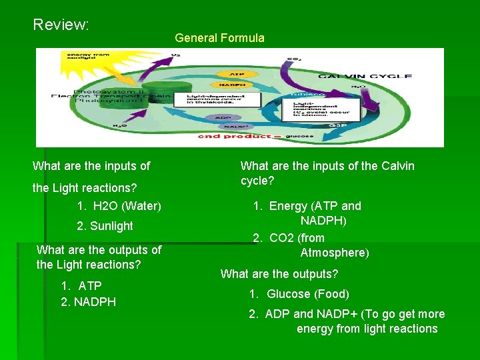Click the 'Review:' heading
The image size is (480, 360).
(61, 25)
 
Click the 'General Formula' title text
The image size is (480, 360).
(219, 38)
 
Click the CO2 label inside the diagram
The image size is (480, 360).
(293, 59)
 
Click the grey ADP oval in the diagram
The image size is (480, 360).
(223, 117)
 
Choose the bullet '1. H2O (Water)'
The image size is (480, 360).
(119, 206)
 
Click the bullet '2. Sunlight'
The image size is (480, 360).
(105, 226)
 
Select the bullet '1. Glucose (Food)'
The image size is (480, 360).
(299, 294)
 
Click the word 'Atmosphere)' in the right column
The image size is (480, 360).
(335, 253)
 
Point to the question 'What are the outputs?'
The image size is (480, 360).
(279, 274)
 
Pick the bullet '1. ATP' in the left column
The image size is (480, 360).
(81, 286)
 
